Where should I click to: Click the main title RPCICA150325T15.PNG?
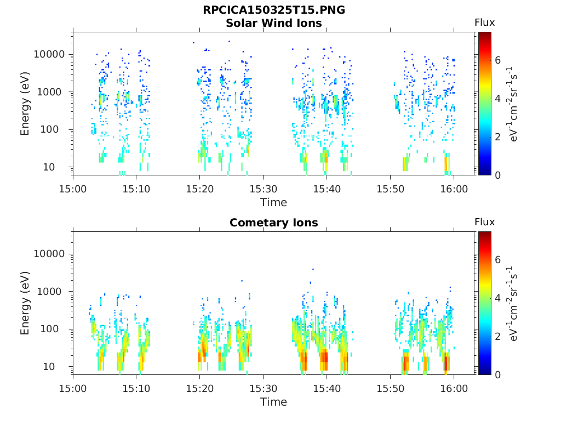coord(273,10)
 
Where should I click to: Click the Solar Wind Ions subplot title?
coord(273,23)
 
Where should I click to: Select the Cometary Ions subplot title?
coord(273,223)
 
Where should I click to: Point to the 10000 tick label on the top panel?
coord(50,55)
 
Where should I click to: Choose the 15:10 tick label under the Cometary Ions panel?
coord(136,388)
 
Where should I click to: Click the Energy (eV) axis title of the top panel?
coord(25,103)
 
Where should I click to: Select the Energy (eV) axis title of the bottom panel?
coord(25,303)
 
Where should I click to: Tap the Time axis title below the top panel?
coord(273,202)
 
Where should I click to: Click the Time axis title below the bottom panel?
coord(273,402)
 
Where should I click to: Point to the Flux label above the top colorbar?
coord(484,22)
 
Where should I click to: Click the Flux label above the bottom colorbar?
coord(484,222)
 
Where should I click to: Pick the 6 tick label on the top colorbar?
coord(498,60)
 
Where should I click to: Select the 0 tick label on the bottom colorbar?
coord(498,374)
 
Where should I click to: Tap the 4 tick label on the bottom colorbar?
coord(498,298)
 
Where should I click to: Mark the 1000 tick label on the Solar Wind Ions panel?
coord(53,92)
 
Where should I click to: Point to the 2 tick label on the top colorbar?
coord(498,136)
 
